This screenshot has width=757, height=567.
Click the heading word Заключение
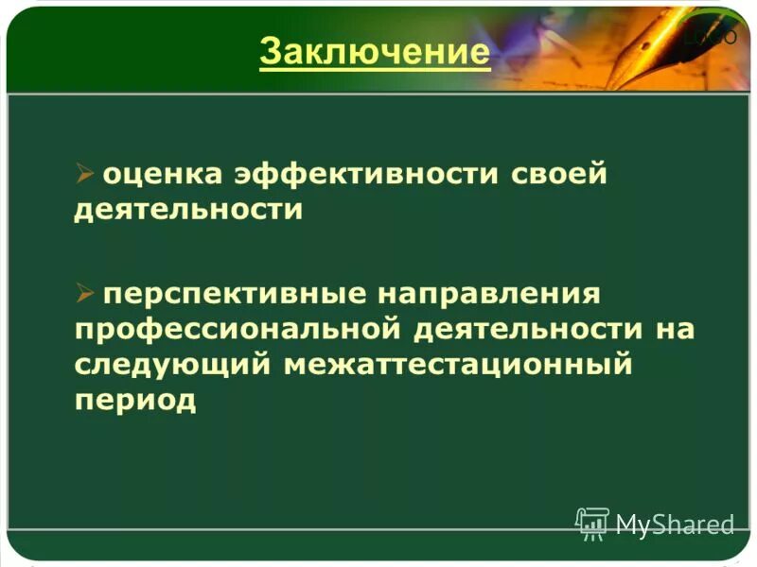[375, 51]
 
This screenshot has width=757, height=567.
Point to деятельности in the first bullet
[188, 210]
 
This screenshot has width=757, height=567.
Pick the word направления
[490, 293]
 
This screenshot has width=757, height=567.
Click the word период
[135, 399]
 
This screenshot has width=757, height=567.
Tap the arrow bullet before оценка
[85, 174]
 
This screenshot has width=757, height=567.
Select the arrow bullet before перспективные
[85, 293]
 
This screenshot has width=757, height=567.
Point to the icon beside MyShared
[592, 523]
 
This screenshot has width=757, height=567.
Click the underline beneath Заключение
[375, 68]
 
